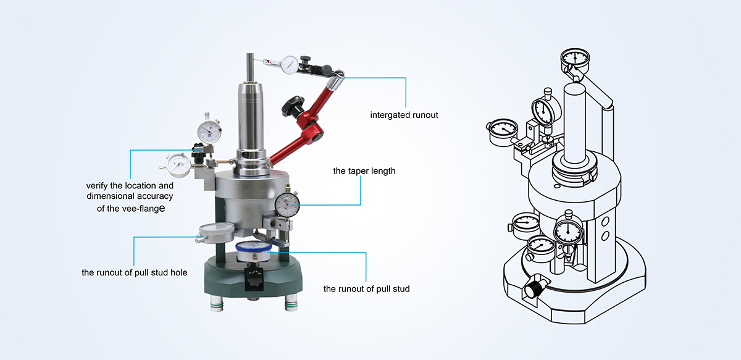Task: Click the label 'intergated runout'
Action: coord(404,115)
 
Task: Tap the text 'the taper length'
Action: coord(364,171)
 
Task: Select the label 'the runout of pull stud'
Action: coord(367,288)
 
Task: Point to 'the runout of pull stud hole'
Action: coord(135,272)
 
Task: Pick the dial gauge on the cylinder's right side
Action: coord(287,204)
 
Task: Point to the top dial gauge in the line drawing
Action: coord(576,59)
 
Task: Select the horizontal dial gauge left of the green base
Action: coord(216,232)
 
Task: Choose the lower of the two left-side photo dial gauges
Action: coord(179,164)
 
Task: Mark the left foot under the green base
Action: coord(217,304)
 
